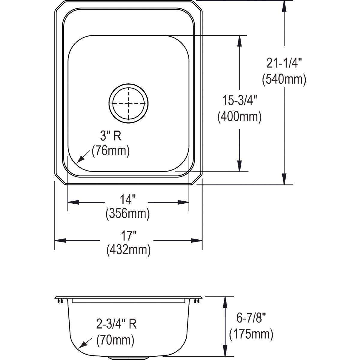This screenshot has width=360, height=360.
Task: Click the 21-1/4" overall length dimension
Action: (284, 64)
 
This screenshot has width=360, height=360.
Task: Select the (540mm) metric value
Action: (284, 80)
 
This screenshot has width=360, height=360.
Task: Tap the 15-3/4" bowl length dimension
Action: (239, 100)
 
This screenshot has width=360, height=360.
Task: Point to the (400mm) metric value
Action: (239, 116)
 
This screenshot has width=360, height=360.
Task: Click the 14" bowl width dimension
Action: (128, 199)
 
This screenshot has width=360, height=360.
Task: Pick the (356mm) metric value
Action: (128, 214)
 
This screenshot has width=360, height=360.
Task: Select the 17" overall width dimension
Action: (128, 236)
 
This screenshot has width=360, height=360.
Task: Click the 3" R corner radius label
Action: (111, 136)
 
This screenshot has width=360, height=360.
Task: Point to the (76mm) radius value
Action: (111, 151)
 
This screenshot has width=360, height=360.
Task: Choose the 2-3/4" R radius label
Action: (116, 324)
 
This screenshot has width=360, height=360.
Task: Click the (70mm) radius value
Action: (115, 340)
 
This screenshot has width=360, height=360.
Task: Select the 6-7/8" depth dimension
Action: (251, 318)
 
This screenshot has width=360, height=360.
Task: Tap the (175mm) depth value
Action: (251, 334)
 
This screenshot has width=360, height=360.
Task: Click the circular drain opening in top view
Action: (128, 103)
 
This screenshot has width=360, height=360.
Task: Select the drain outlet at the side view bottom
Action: (128, 358)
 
